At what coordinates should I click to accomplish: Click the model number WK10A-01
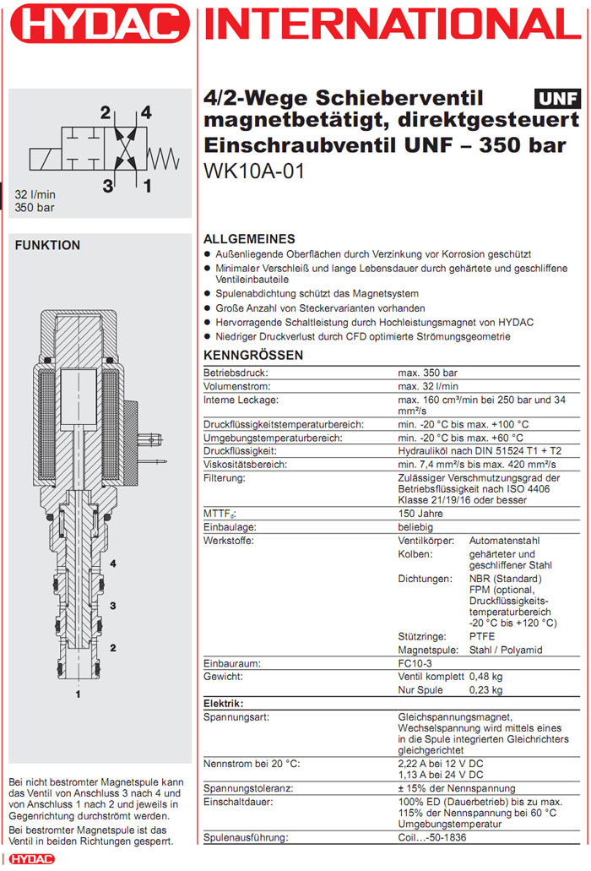[254, 171]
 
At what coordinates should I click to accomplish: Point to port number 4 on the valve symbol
[146, 112]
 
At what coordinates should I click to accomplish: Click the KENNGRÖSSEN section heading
[253, 356]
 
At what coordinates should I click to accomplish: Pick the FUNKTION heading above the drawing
[48, 245]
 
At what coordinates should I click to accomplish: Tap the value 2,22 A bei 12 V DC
[441, 764]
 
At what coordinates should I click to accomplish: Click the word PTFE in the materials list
[482, 636]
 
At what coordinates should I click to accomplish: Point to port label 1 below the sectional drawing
[79, 694]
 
